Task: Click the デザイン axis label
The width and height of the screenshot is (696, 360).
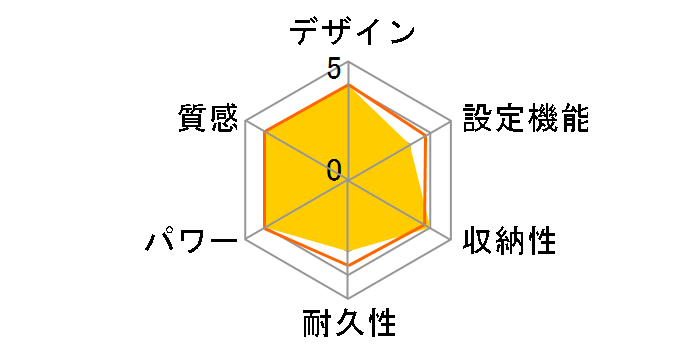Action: coord(351,32)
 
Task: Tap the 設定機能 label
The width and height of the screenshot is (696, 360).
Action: coord(525,118)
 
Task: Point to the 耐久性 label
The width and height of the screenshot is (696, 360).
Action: coord(348,326)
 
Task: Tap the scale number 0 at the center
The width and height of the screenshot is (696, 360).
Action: coord(334,170)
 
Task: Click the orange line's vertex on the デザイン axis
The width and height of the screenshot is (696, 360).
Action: coord(347,85)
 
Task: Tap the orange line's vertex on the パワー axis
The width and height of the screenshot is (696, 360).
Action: coord(264,229)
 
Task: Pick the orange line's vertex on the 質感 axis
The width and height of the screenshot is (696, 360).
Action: coord(264,133)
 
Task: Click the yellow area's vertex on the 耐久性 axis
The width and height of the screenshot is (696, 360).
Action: coord(347,249)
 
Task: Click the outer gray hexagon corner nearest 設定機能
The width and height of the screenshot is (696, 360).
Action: coord(450,122)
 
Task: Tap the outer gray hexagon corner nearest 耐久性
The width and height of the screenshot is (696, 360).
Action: coord(347,299)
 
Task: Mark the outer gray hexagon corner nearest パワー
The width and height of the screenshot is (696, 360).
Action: coord(245,240)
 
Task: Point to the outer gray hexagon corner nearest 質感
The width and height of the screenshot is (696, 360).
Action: coord(245,122)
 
